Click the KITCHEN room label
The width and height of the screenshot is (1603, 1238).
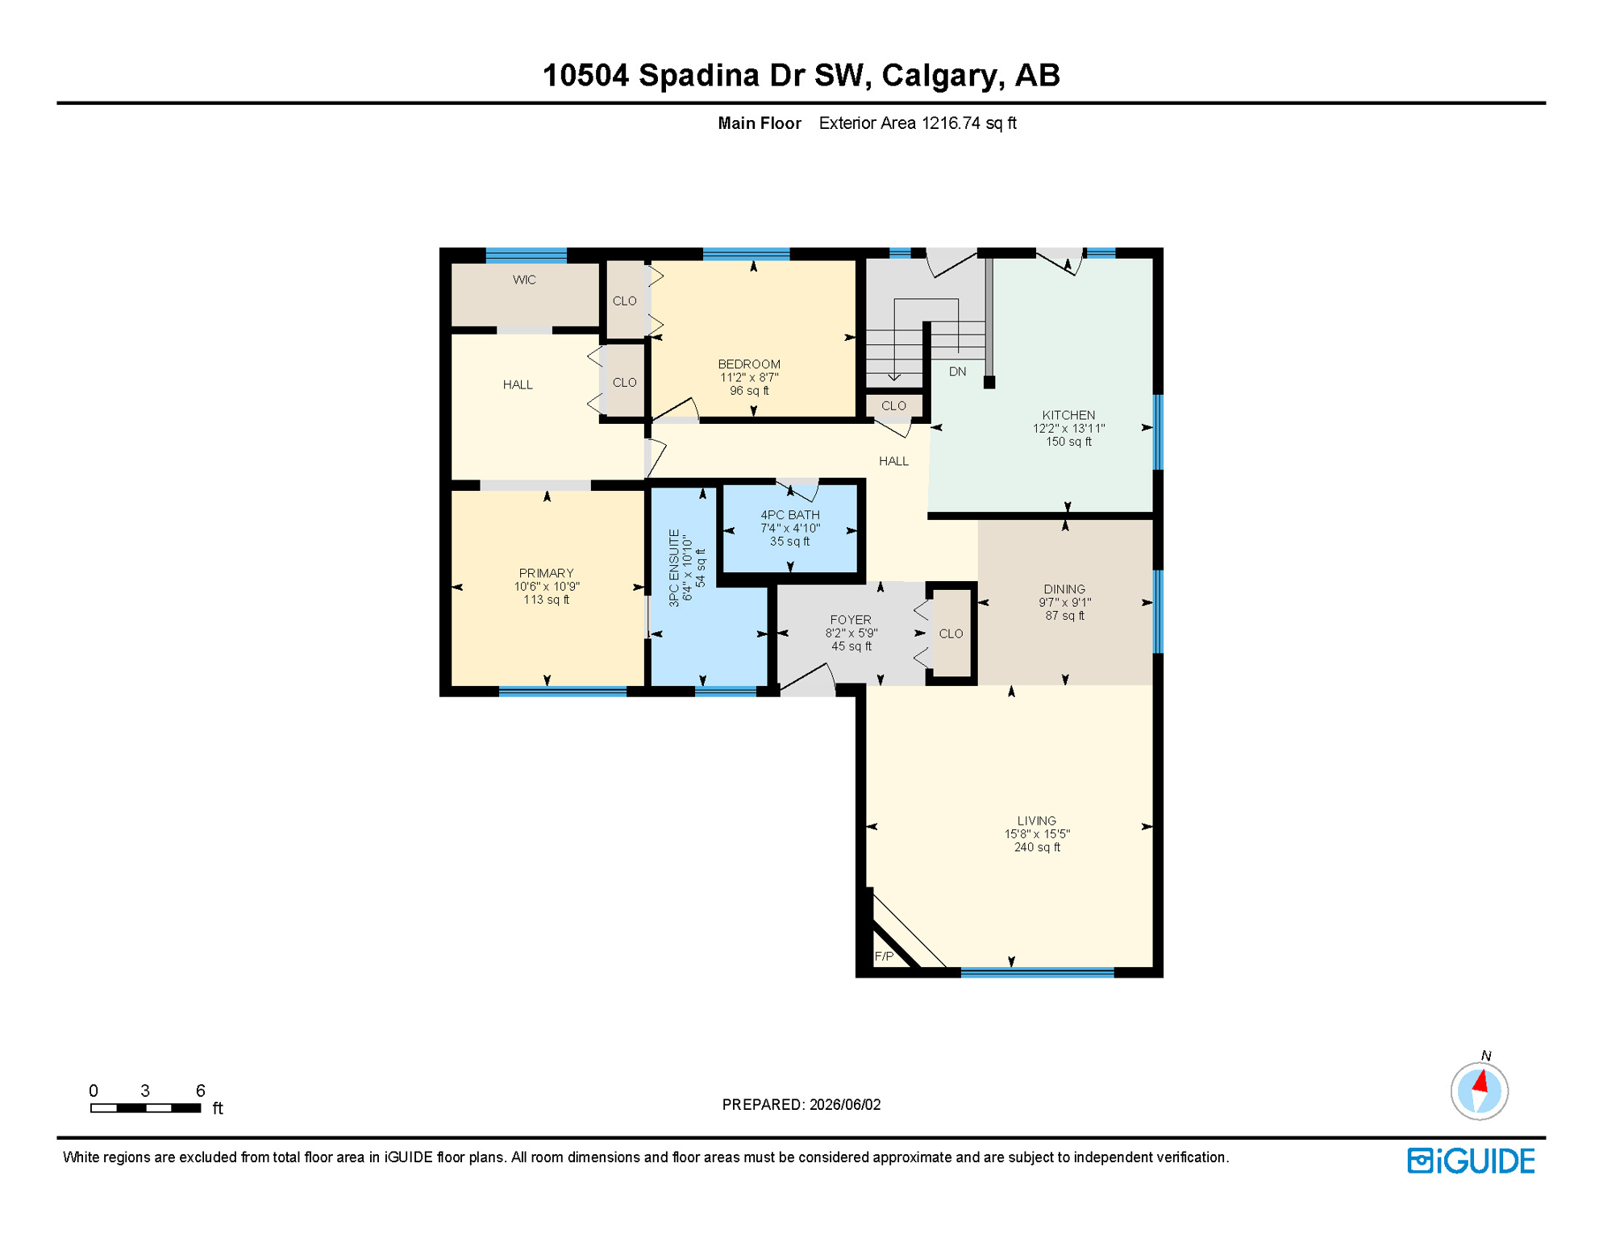(1068, 415)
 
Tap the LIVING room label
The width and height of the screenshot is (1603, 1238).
(1036, 820)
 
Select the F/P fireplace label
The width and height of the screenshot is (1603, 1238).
(884, 956)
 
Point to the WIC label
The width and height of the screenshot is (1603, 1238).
(524, 280)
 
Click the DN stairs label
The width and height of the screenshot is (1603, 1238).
(957, 372)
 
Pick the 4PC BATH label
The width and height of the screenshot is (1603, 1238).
(790, 515)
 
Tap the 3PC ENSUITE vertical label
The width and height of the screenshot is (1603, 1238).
(674, 568)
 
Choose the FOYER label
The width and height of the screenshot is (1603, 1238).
(851, 620)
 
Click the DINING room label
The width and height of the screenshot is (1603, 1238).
(1064, 589)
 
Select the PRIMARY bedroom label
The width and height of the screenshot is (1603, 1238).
(547, 573)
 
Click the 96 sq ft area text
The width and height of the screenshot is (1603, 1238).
(749, 391)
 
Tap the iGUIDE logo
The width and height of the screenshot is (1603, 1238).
(1471, 1161)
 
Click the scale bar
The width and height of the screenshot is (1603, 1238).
(146, 1108)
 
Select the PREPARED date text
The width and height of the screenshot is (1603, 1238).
(801, 1104)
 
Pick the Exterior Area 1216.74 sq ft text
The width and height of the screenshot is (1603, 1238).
(918, 123)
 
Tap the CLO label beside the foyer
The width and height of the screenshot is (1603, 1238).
(951, 634)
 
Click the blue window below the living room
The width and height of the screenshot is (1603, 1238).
(1037, 973)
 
